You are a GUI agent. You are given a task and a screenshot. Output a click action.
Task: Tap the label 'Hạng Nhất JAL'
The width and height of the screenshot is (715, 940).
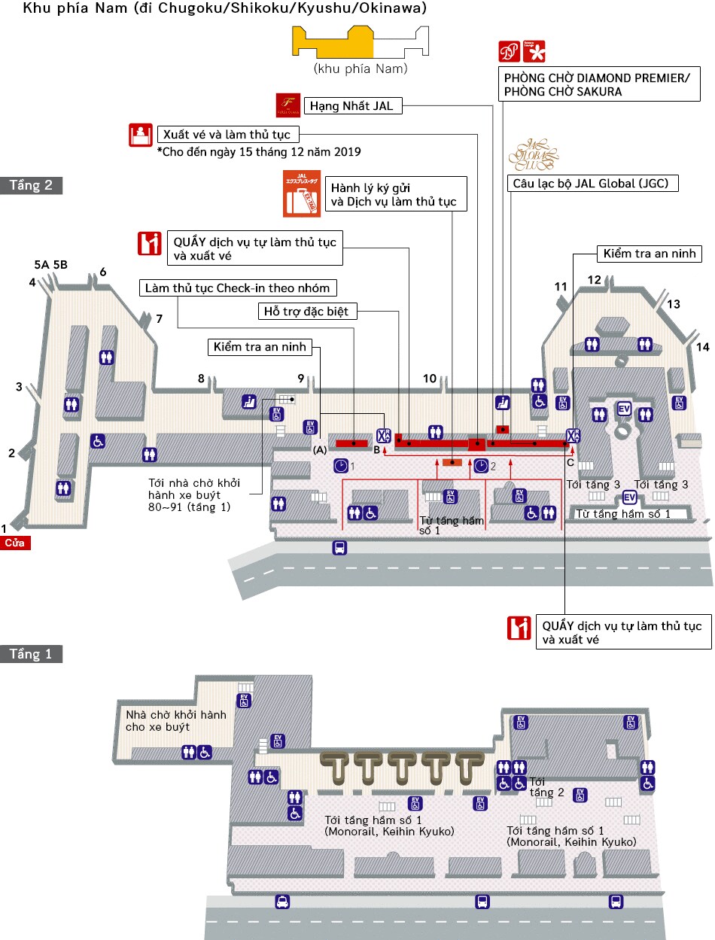351,106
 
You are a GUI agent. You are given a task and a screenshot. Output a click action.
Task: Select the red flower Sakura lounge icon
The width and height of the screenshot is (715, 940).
534,51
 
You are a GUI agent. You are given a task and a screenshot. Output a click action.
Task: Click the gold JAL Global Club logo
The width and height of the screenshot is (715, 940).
533,154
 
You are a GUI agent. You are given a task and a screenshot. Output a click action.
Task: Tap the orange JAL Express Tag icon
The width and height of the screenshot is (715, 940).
301,194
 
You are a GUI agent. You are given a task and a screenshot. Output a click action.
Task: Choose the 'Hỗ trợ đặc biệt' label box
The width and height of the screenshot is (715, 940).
306,311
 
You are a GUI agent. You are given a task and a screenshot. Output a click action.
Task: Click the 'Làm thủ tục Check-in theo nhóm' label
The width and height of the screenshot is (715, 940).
238,288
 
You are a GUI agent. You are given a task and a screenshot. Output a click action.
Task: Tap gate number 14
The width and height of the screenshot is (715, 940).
702,347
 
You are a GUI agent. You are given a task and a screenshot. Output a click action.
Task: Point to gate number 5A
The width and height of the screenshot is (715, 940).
41,265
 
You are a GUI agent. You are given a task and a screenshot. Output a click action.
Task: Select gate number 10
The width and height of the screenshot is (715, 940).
429,379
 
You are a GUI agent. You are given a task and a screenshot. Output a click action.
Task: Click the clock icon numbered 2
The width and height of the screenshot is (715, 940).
481,466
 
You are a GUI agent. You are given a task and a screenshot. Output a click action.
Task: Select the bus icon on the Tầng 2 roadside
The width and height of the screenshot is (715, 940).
339,548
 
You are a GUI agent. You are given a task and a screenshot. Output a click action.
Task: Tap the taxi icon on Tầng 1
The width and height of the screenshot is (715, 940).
281,902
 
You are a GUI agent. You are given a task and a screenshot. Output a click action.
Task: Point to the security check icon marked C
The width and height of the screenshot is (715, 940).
573,436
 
